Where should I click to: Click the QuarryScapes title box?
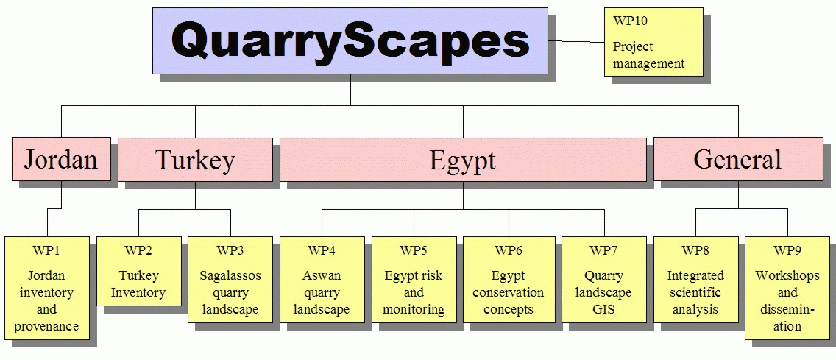click(x=350, y=40)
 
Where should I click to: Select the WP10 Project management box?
click(x=653, y=42)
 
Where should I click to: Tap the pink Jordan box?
click(x=61, y=159)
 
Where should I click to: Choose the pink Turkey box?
click(x=195, y=160)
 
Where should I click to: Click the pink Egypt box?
click(x=463, y=160)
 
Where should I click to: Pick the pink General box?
click(x=738, y=159)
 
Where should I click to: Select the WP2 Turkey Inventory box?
click(x=138, y=271)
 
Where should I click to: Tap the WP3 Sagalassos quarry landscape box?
click(x=230, y=280)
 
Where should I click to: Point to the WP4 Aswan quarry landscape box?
click(x=322, y=280)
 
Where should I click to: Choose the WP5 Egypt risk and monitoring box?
click(x=414, y=280)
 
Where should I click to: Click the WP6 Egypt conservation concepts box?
click(x=509, y=280)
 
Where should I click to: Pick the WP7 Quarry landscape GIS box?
click(x=604, y=280)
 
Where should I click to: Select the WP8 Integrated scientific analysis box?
click(x=695, y=280)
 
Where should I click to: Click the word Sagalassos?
click(x=230, y=276)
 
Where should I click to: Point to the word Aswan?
click(x=322, y=276)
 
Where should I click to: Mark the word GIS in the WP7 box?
click(x=604, y=309)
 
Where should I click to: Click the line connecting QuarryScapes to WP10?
click(x=576, y=41)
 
